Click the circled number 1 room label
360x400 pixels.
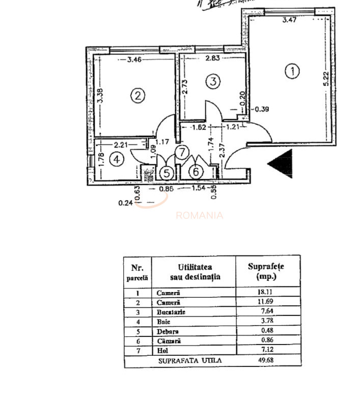click(292, 72)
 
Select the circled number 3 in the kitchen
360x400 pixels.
click(213, 80)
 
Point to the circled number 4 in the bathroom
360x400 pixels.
click(117, 159)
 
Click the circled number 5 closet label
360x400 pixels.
click(166, 173)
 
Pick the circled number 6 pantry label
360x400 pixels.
click(197, 172)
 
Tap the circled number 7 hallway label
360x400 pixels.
click(182, 152)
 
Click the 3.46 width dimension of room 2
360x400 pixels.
click(134, 60)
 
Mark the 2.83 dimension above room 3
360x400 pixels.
click(213, 59)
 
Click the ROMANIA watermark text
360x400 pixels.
click(199, 215)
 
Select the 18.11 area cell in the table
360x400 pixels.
click(267, 293)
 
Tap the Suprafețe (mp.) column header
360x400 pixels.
click(267, 271)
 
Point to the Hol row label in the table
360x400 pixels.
click(161, 351)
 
